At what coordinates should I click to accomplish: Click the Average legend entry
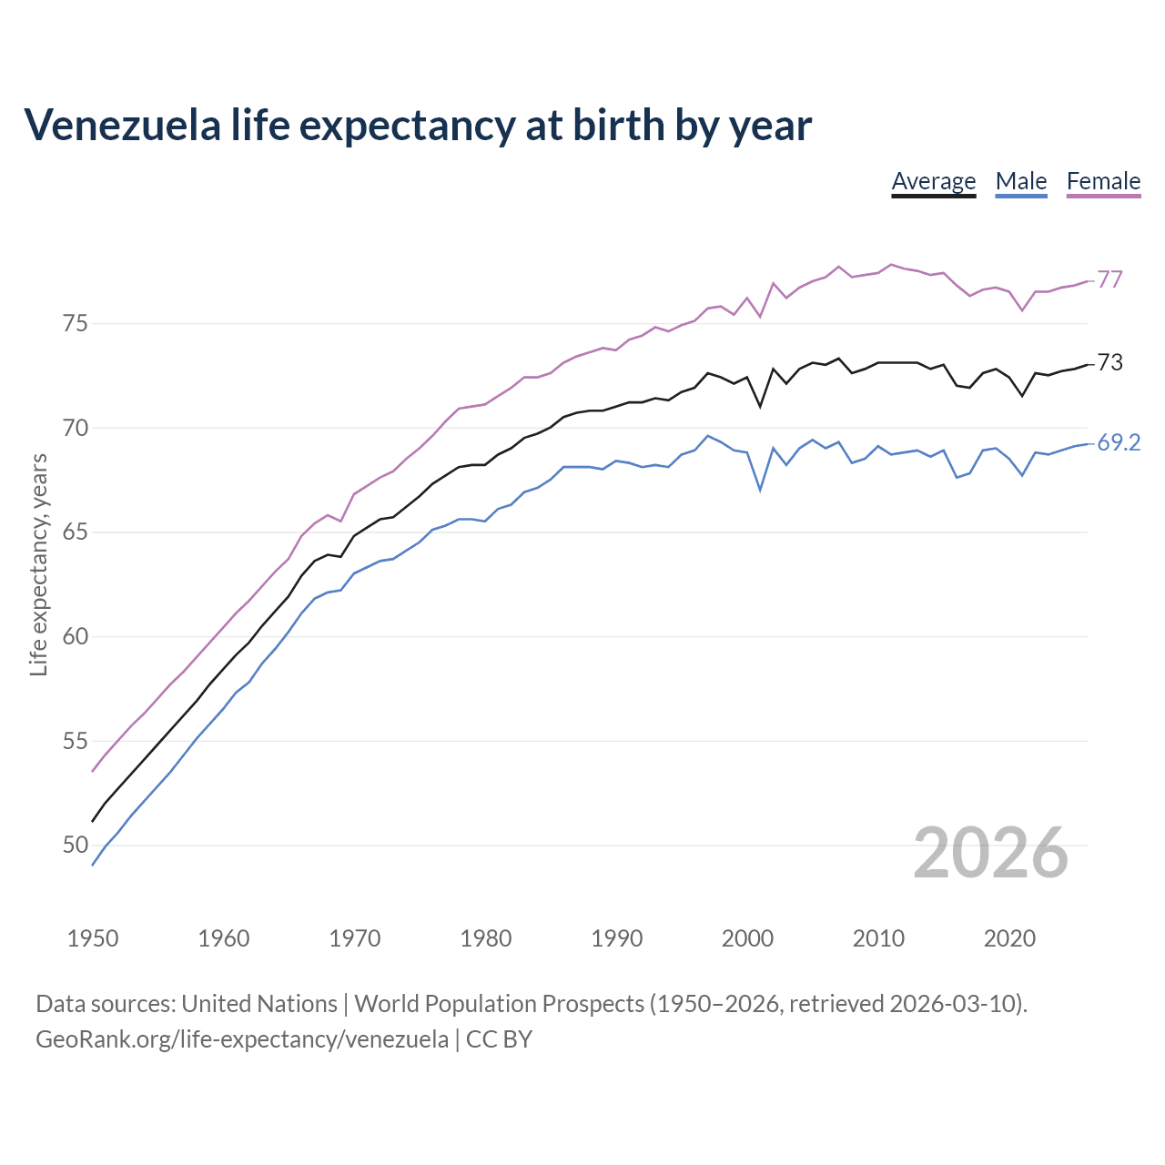tap(933, 181)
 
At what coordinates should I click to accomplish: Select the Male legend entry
tap(1021, 181)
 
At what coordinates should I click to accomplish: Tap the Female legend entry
tap(1103, 181)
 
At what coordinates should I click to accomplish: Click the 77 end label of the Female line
tap(1109, 279)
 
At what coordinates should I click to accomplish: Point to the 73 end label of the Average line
tap(1109, 362)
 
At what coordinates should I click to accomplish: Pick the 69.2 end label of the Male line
tap(1119, 443)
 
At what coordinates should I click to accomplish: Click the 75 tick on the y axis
tap(76, 323)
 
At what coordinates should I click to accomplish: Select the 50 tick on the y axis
tap(76, 846)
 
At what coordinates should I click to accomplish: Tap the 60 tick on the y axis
tap(76, 636)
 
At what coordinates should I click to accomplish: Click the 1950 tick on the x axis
tap(93, 938)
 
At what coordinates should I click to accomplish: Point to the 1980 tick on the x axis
tap(485, 938)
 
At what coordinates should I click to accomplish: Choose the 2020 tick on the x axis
tap(1009, 938)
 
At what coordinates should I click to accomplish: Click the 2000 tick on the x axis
tap(747, 938)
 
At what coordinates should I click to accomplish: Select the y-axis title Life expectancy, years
tap(38, 564)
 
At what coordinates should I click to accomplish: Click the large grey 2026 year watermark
tap(990, 853)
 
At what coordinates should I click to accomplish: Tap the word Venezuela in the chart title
tap(122, 126)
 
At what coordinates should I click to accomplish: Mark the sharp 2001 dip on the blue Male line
tap(760, 490)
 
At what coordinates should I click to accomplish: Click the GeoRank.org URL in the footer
tap(241, 1038)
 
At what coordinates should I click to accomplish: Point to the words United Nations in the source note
tap(259, 1004)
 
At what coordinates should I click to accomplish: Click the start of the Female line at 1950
tap(93, 771)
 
